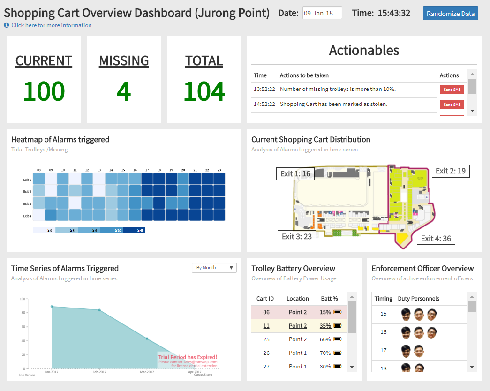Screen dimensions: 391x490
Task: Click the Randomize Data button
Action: click(x=450, y=14)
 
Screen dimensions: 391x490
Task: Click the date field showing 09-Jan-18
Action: click(x=322, y=13)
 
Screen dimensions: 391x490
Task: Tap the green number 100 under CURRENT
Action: click(x=44, y=91)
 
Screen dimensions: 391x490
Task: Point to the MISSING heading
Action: click(x=124, y=61)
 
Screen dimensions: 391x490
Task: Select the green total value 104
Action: click(x=204, y=91)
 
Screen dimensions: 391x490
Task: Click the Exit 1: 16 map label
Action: click(x=295, y=174)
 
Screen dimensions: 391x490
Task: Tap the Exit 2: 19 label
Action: click(x=451, y=171)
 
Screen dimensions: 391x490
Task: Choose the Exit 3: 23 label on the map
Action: click(x=297, y=237)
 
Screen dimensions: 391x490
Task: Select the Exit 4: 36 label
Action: click(x=436, y=238)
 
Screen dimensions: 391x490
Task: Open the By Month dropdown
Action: click(x=214, y=268)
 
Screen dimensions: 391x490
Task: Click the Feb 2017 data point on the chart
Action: click(x=99, y=310)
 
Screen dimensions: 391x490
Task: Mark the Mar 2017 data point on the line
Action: click(x=147, y=338)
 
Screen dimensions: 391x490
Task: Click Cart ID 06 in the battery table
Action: click(x=266, y=312)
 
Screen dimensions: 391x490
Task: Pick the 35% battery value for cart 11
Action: click(x=325, y=326)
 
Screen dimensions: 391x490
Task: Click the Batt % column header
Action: click(x=329, y=299)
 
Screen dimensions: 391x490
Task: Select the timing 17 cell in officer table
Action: click(x=384, y=350)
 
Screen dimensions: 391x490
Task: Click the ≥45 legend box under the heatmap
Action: click(x=134, y=230)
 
